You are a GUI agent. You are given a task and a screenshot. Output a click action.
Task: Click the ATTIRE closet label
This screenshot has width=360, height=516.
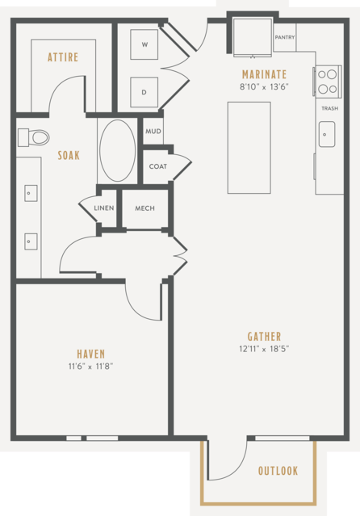coord(63,57)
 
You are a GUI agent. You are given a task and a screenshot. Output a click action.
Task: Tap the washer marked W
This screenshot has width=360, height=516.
coord(144,44)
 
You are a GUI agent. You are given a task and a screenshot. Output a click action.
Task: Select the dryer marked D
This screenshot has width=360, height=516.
coord(144,92)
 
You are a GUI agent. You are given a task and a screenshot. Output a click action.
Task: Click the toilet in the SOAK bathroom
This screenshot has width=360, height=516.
coord(34,137)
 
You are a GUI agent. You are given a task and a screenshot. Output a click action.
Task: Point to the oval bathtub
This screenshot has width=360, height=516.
coord(118,150)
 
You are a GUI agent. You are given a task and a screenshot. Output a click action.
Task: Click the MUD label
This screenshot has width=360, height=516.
coord(153,132)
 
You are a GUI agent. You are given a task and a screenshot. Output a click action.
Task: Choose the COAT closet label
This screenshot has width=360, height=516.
coord(158,166)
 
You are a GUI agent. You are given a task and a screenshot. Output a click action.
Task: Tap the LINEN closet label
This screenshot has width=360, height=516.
coord(104,208)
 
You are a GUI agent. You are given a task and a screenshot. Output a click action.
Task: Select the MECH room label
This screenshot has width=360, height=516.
coord(144,208)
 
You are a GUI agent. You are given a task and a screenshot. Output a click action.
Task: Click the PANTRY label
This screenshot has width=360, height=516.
coord(285,37)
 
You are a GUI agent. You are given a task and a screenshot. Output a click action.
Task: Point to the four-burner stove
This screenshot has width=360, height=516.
coord(328,81)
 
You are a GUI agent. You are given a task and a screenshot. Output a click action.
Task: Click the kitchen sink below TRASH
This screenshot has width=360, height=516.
coord(327,134)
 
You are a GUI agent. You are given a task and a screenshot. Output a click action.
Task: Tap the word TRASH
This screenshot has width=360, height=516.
coord(329,108)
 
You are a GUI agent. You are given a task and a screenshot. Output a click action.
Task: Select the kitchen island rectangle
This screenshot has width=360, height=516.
coord(249,148)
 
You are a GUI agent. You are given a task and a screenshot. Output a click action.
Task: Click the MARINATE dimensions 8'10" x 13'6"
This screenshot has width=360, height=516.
coord(264,87)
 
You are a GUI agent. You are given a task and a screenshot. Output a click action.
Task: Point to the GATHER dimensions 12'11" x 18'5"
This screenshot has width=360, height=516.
coord(264,349)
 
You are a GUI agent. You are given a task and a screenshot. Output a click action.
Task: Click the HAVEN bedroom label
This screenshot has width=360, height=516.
coord(91,354)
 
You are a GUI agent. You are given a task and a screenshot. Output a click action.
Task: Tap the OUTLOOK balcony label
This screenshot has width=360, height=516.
coord(278,471)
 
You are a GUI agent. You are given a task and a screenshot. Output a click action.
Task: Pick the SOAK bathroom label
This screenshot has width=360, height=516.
coord(69,155)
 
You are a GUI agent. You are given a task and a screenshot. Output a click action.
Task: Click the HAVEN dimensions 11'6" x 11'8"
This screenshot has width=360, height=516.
coord(91,367)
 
